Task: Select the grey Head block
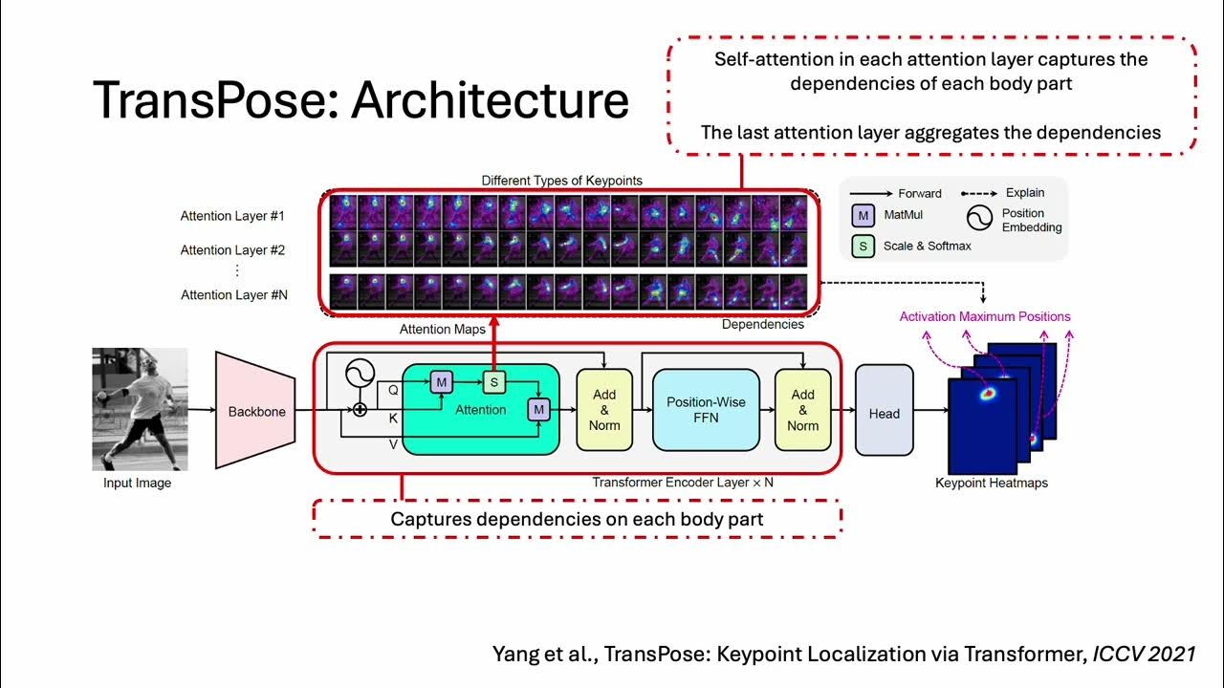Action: coord(884,413)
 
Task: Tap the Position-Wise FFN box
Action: coord(706,410)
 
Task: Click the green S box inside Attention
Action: coord(493,382)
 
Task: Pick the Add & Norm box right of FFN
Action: coord(802,410)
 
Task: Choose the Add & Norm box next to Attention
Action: coord(604,410)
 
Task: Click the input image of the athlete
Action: coord(140,409)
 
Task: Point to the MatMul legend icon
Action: coord(863,216)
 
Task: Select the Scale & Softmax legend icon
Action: coord(863,247)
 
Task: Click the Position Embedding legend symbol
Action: coord(979,220)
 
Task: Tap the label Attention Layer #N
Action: coord(234,295)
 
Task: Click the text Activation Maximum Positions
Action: coord(985,316)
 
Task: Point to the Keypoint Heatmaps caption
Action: coord(991,484)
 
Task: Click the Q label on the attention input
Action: coord(393,390)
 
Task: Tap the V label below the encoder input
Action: coord(393,443)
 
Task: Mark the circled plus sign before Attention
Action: coord(360,410)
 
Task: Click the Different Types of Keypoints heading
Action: coord(561,181)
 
